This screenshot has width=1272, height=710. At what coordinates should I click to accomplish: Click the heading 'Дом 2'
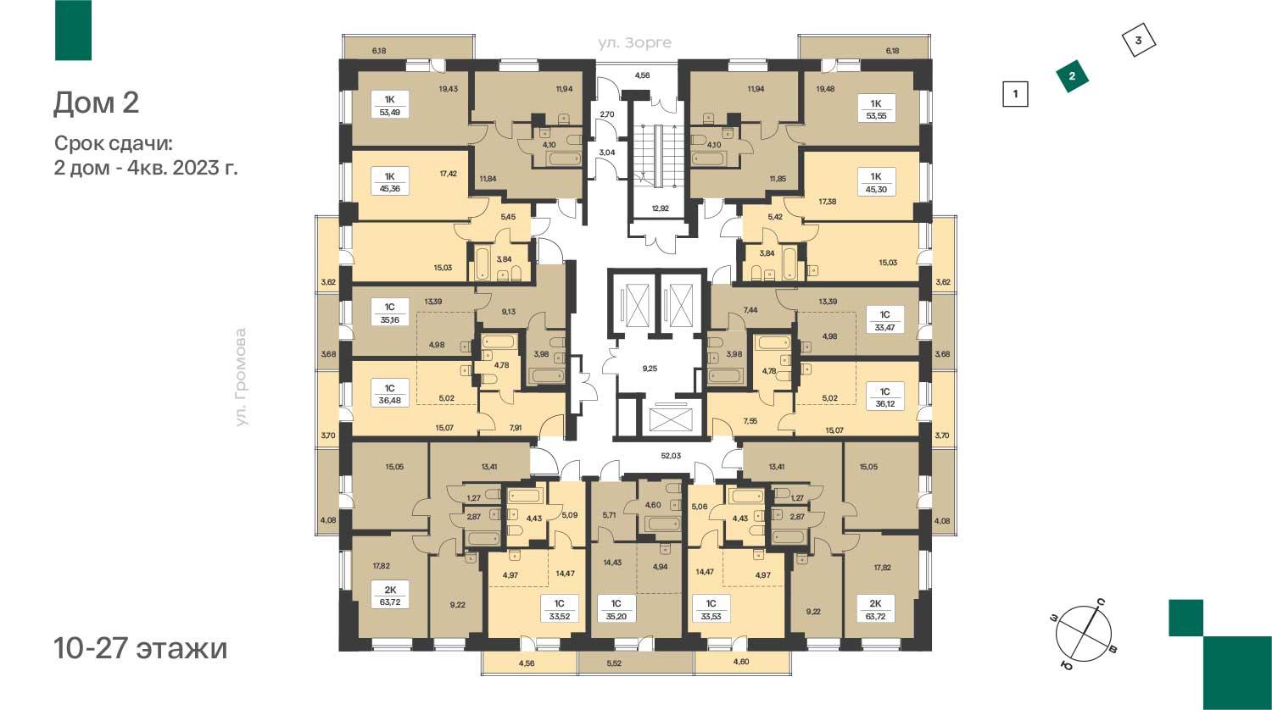tap(96, 103)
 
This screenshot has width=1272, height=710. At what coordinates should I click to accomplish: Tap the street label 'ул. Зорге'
tap(634, 42)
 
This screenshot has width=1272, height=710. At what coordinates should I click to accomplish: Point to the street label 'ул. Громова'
tap(242, 377)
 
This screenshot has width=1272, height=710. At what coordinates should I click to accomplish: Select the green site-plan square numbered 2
tap(1072, 76)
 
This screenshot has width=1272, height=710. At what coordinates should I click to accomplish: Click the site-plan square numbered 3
tap(1139, 41)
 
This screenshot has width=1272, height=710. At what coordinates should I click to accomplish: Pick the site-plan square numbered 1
tap(1016, 94)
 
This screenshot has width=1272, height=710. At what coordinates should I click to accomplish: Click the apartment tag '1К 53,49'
tap(389, 106)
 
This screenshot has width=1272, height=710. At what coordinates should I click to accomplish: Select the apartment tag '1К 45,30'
tap(876, 182)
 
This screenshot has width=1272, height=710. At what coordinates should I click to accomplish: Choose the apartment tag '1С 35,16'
tap(389, 313)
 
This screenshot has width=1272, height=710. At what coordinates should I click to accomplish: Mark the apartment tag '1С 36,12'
tap(884, 397)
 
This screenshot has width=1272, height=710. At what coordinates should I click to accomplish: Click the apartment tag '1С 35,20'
tap(616, 609)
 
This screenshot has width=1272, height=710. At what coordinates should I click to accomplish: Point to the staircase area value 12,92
tap(660, 208)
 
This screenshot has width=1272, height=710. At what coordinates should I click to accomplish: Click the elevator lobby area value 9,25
tap(650, 369)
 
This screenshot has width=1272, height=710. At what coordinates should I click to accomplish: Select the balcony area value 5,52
tap(614, 663)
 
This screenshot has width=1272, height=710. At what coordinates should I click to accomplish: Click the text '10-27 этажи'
tap(140, 648)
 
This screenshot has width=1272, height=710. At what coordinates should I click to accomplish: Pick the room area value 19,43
tap(448, 88)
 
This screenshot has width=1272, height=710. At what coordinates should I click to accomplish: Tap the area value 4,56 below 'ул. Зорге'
tap(642, 75)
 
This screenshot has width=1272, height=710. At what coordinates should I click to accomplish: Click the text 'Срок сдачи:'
tap(113, 143)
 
